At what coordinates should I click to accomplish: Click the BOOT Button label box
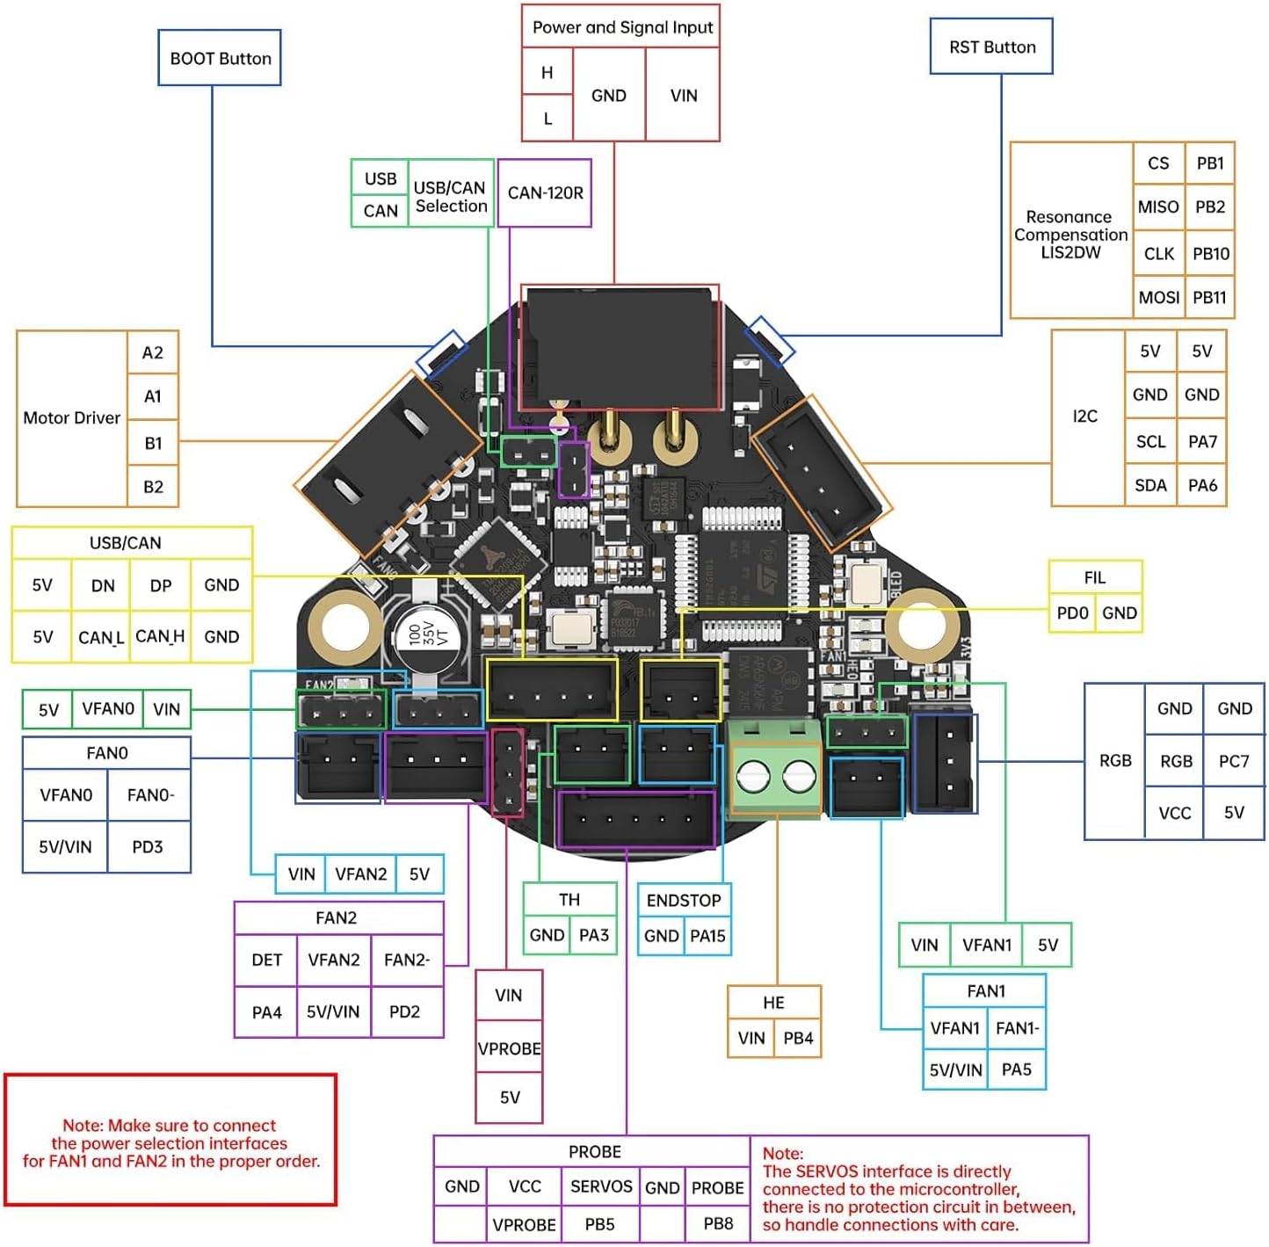220,58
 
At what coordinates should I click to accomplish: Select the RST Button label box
991,47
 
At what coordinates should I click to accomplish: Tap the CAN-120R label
545,192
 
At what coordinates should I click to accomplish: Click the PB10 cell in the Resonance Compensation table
1210,253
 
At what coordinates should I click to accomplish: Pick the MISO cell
1158,207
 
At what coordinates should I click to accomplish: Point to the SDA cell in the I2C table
1150,485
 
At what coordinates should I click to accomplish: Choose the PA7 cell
1202,441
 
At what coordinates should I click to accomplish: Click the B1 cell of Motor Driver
153,443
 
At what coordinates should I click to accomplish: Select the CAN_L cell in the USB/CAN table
101,637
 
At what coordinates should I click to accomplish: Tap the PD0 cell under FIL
1072,613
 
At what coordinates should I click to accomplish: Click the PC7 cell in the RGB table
1234,761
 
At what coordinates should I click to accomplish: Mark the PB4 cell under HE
798,1038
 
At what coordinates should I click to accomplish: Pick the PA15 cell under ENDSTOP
707,936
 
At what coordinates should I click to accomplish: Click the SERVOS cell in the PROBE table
601,1186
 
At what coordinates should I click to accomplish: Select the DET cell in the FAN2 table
266,960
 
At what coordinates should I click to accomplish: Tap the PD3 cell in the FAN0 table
148,847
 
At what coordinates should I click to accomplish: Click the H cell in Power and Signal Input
547,72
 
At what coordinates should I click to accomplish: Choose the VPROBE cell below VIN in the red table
509,1048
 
